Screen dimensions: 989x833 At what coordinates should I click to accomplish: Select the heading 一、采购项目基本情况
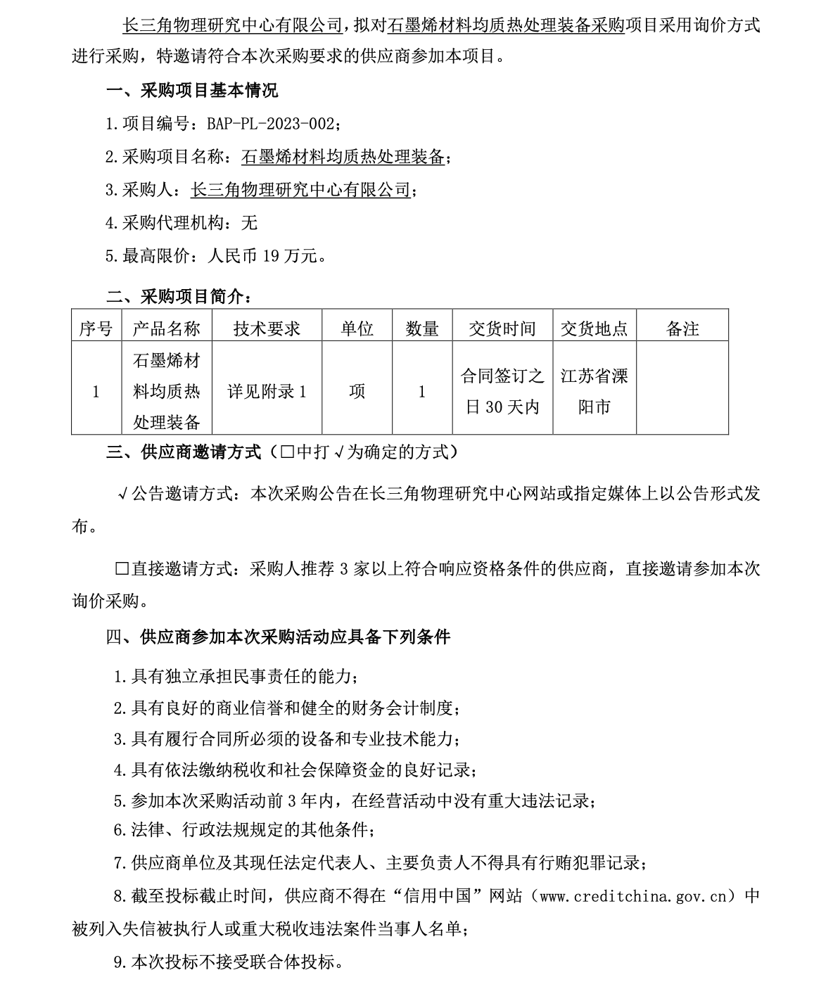click(191, 91)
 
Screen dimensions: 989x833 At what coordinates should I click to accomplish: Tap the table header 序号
click(96, 328)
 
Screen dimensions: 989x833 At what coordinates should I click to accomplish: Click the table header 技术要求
click(267, 328)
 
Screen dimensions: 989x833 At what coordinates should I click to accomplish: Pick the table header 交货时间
click(502, 328)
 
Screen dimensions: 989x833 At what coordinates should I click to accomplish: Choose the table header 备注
click(682, 328)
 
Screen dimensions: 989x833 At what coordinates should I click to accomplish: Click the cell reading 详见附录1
click(267, 392)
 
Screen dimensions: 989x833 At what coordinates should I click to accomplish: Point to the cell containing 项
click(357, 392)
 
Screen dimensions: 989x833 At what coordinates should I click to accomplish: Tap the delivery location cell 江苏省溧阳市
click(594, 392)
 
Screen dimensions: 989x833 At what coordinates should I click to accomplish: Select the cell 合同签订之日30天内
click(502, 392)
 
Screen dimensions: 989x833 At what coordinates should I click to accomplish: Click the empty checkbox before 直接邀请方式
click(122, 568)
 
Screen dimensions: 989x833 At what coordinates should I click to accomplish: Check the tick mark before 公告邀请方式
click(122, 494)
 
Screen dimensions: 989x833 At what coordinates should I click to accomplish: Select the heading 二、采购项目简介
click(177, 297)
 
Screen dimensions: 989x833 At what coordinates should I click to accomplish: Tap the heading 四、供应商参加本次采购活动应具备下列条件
click(278, 637)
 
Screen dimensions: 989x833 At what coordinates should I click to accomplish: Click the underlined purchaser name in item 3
click(300, 190)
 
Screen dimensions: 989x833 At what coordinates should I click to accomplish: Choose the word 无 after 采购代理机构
click(249, 223)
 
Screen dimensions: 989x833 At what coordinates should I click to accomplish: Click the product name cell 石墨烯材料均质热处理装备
click(167, 392)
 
